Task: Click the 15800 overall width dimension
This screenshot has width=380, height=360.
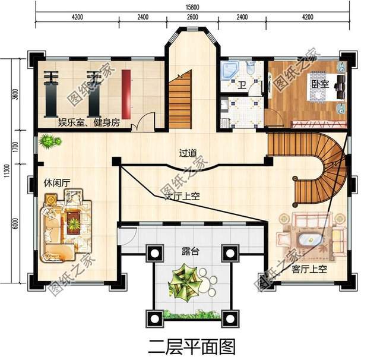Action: point(190,7)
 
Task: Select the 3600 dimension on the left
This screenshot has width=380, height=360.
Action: point(17,95)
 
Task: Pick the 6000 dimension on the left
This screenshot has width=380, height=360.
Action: point(17,223)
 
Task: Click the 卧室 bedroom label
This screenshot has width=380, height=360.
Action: point(320,84)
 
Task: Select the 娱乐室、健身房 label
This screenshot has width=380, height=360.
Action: point(88,122)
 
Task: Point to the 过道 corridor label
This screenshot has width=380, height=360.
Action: point(188,153)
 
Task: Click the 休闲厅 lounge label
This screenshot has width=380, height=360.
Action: point(55,181)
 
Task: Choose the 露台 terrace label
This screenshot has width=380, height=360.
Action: point(190,251)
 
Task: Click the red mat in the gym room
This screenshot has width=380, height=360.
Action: point(126,91)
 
